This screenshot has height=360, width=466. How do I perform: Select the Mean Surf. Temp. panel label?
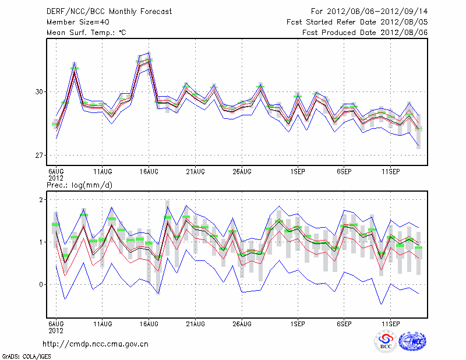[86, 33]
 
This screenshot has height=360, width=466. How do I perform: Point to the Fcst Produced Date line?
[365, 33]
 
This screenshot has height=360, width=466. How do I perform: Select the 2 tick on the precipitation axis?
[42, 200]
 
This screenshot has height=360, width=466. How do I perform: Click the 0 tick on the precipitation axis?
[42, 284]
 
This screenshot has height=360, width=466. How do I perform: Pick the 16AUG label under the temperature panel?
[149, 171]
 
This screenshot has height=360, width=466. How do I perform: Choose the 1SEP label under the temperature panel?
[298, 171]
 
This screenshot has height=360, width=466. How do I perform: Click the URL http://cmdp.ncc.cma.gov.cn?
[96, 344]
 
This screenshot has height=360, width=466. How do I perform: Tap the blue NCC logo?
[411, 341]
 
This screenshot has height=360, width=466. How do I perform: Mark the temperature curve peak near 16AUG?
[149, 59]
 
